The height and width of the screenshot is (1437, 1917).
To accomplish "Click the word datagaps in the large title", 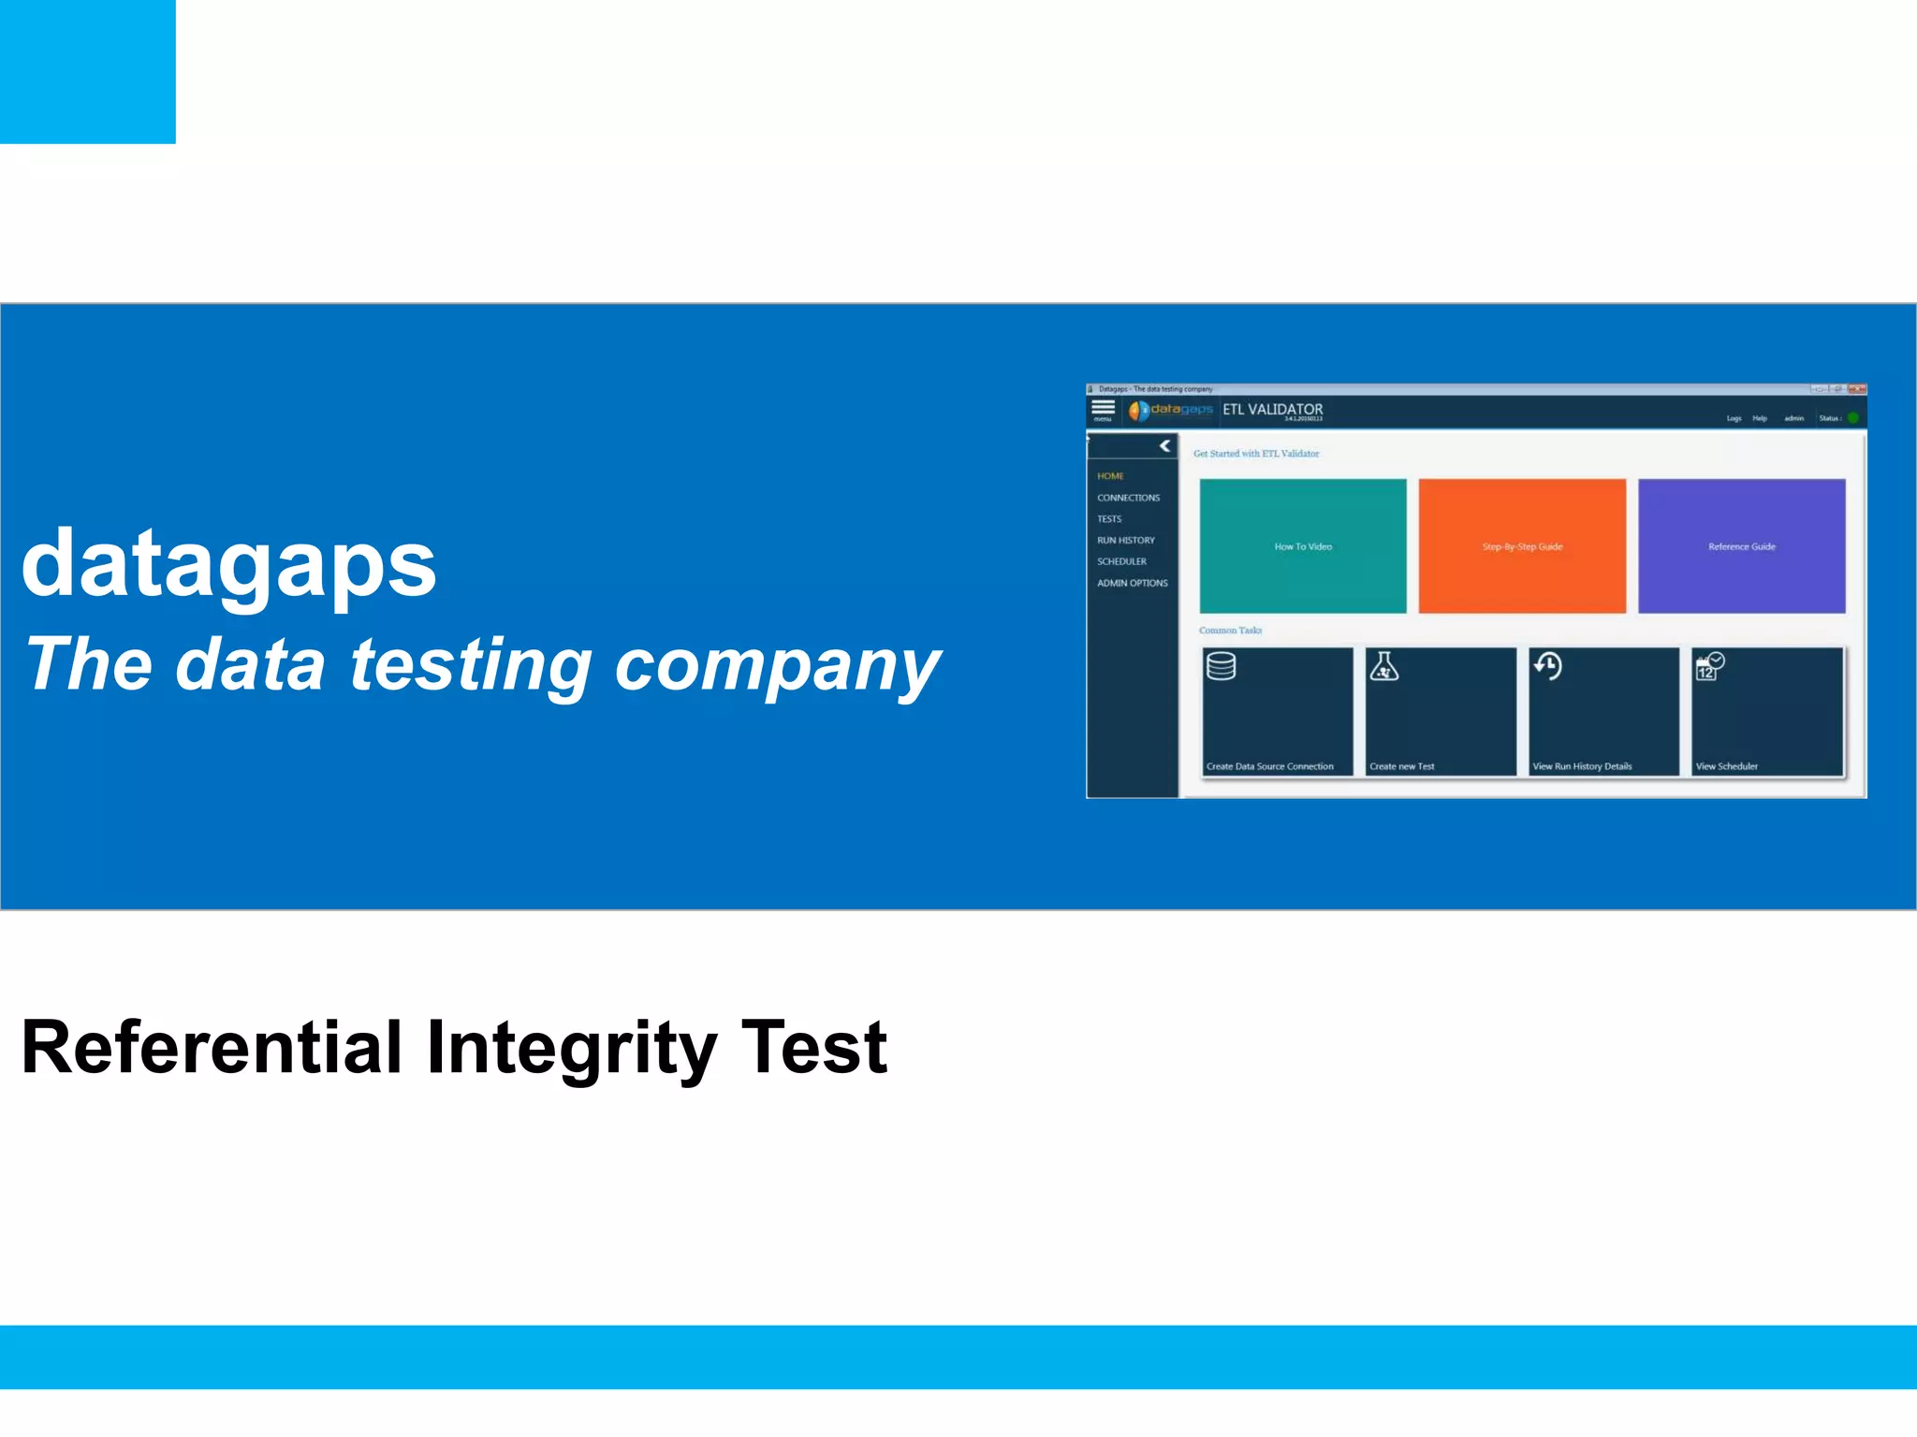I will [x=229, y=564].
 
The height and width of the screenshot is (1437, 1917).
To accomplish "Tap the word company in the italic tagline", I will [x=777, y=666].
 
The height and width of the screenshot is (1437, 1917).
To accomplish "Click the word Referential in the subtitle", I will [x=212, y=1048].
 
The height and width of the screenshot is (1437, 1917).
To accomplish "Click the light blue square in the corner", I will [x=87, y=71].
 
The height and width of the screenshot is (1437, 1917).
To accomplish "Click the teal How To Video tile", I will [x=1302, y=546].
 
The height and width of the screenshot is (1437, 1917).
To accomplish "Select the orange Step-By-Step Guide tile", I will [x=1522, y=546].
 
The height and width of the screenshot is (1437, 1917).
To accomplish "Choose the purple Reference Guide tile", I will [x=1741, y=546].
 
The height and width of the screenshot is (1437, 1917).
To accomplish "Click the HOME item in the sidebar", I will [x=1110, y=476].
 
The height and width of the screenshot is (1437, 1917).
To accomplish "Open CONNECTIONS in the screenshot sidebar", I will [x=1128, y=498].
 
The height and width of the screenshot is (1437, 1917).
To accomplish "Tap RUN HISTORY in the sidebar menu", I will [x=1125, y=541].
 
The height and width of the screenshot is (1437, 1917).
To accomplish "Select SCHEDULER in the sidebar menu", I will [x=1121, y=561].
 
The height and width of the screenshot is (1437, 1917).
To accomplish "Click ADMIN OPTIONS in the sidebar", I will [x=1132, y=583].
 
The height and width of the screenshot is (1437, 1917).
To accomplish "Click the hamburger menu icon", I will [x=1103, y=408].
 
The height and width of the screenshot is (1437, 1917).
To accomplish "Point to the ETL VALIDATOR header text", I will [x=1272, y=410].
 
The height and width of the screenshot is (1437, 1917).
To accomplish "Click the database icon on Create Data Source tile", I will [x=1221, y=666].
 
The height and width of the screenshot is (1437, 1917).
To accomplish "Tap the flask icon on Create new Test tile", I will [x=1383, y=666].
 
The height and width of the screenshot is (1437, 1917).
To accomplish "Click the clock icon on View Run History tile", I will [x=1547, y=666].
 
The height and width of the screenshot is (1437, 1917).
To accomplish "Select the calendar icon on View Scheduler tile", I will [x=1709, y=666].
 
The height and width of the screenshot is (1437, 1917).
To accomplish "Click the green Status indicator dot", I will [x=1852, y=418].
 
